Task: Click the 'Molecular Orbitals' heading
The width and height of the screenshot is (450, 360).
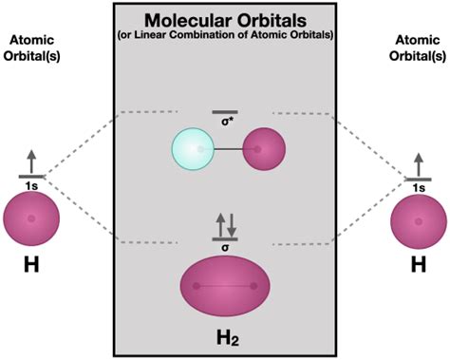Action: tap(224, 20)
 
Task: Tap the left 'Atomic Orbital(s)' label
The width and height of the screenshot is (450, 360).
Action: tap(32, 47)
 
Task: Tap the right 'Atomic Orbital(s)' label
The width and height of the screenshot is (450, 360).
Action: tap(418, 47)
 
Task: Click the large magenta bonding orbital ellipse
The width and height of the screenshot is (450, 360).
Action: tap(225, 285)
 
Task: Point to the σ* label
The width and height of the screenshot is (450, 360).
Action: tap(225, 123)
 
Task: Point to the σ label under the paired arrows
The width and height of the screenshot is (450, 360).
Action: tap(225, 246)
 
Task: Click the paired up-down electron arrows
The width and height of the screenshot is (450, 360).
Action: tap(225, 225)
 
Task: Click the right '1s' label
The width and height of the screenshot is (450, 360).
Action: tap(418, 186)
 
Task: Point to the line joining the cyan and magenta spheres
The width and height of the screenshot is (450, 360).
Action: tap(229, 151)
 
